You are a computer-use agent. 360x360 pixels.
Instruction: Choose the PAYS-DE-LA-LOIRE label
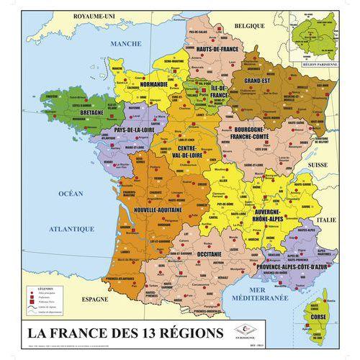click(x=132, y=130)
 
